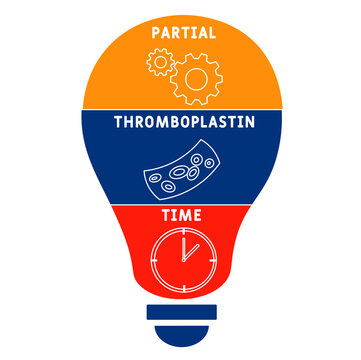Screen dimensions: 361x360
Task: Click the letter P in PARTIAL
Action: (x=155, y=32)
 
